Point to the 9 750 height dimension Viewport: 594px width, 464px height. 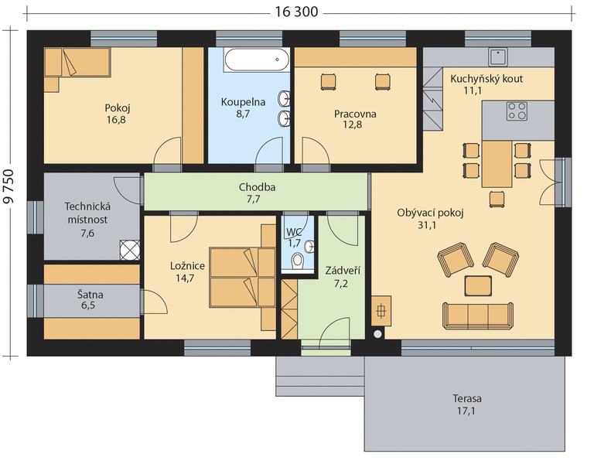click(x=9, y=186)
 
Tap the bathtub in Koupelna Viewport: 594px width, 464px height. click(x=258, y=60)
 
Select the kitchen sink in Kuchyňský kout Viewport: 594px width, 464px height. click(x=498, y=56)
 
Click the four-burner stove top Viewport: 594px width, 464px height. click(x=517, y=111)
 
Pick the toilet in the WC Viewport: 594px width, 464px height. click(x=298, y=261)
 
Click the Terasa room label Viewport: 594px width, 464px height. click(x=467, y=398)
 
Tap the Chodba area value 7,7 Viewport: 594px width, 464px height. click(x=254, y=199)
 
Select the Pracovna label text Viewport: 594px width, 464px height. click(x=355, y=114)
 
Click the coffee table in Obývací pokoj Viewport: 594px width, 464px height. click(x=478, y=286)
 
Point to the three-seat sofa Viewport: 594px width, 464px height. click(x=478, y=316)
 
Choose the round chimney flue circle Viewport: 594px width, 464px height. click(x=377, y=334)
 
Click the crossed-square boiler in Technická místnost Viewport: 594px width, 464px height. click(x=130, y=250)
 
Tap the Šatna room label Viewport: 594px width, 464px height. click(x=90, y=295)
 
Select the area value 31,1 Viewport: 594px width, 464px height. click(x=427, y=225)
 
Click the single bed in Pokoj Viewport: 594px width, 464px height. click(x=77, y=62)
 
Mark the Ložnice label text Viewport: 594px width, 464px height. click(x=187, y=266)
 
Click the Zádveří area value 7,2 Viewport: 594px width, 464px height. click(x=341, y=283)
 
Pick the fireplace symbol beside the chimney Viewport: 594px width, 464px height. click(x=381, y=311)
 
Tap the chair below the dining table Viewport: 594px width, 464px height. click(x=497, y=199)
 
